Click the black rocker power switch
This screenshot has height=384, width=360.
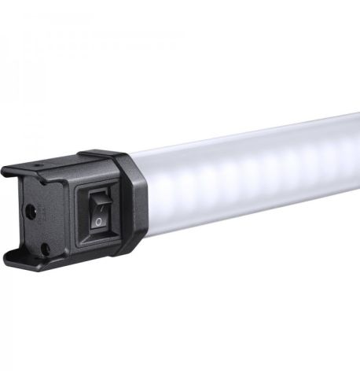coord(98,212)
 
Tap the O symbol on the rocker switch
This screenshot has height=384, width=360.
coord(97,223)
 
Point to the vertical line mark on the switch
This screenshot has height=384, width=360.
coord(99,202)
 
